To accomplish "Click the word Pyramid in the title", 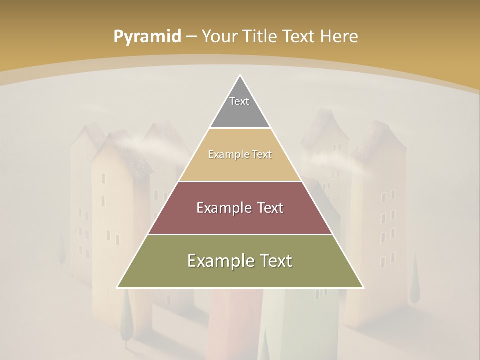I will click(147, 36).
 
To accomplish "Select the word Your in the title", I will click(219, 36).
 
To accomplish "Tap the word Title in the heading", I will click(261, 36).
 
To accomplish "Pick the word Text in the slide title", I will click(300, 36).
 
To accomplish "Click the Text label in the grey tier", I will click(239, 101).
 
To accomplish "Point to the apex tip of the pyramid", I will click(240, 76).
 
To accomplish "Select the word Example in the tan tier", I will click(227, 155).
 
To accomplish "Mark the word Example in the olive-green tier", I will click(218, 261).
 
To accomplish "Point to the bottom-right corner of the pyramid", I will click(363, 287).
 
